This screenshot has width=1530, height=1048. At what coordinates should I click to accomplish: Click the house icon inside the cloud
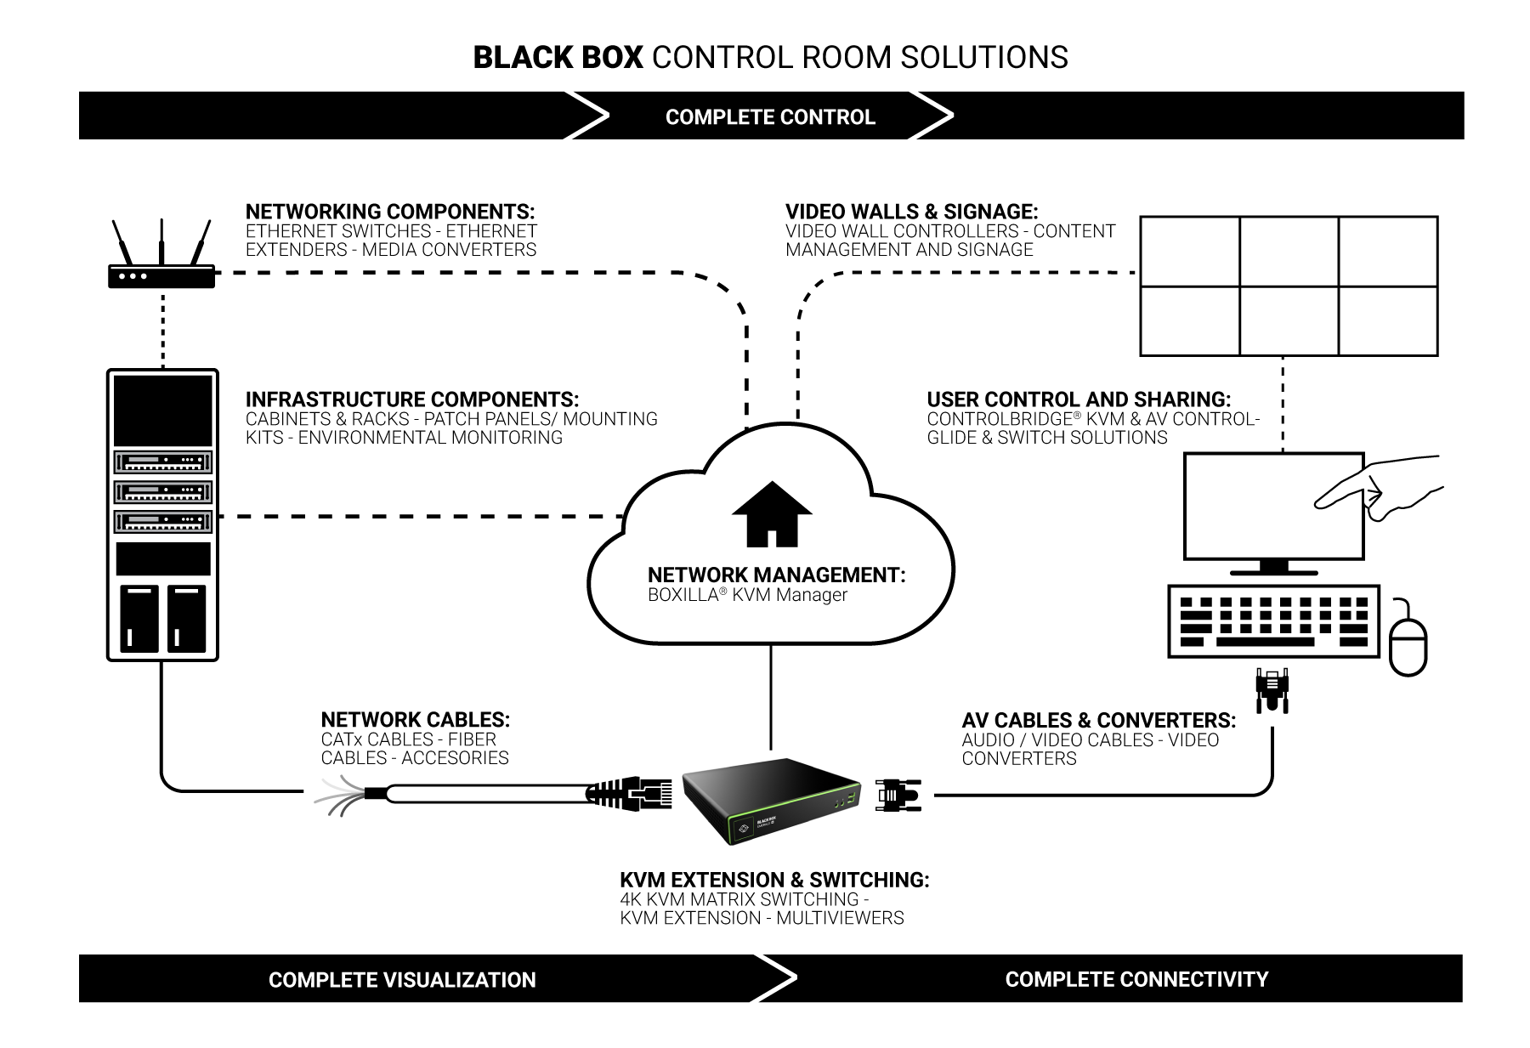tap(772, 515)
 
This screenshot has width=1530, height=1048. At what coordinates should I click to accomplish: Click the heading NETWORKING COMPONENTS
tap(390, 212)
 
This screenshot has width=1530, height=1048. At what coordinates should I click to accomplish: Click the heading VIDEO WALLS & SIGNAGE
tap(911, 212)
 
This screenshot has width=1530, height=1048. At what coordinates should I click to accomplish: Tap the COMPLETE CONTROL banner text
tap(770, 117)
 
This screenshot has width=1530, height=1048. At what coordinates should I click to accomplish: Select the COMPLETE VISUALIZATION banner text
tap(402, 980)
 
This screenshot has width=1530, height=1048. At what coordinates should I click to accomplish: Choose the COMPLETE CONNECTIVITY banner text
tap(1136, 979)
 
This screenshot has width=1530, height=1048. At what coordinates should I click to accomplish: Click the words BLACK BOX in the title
tap(558, 58)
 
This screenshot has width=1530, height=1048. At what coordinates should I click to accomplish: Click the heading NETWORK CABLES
tap(415, 720)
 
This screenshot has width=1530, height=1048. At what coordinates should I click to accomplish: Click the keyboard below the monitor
tap(1272, 621)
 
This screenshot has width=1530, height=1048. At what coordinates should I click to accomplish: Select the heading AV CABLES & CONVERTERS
tap(1098, 721)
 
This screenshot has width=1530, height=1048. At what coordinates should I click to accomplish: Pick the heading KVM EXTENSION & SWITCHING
tap(774, 880)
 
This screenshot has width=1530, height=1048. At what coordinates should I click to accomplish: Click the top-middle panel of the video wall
tap(1289, 252)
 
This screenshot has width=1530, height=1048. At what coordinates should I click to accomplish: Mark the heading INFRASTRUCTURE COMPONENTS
tap(412, 399)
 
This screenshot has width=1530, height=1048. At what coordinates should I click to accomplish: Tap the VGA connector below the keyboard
tap(1272, 688)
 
